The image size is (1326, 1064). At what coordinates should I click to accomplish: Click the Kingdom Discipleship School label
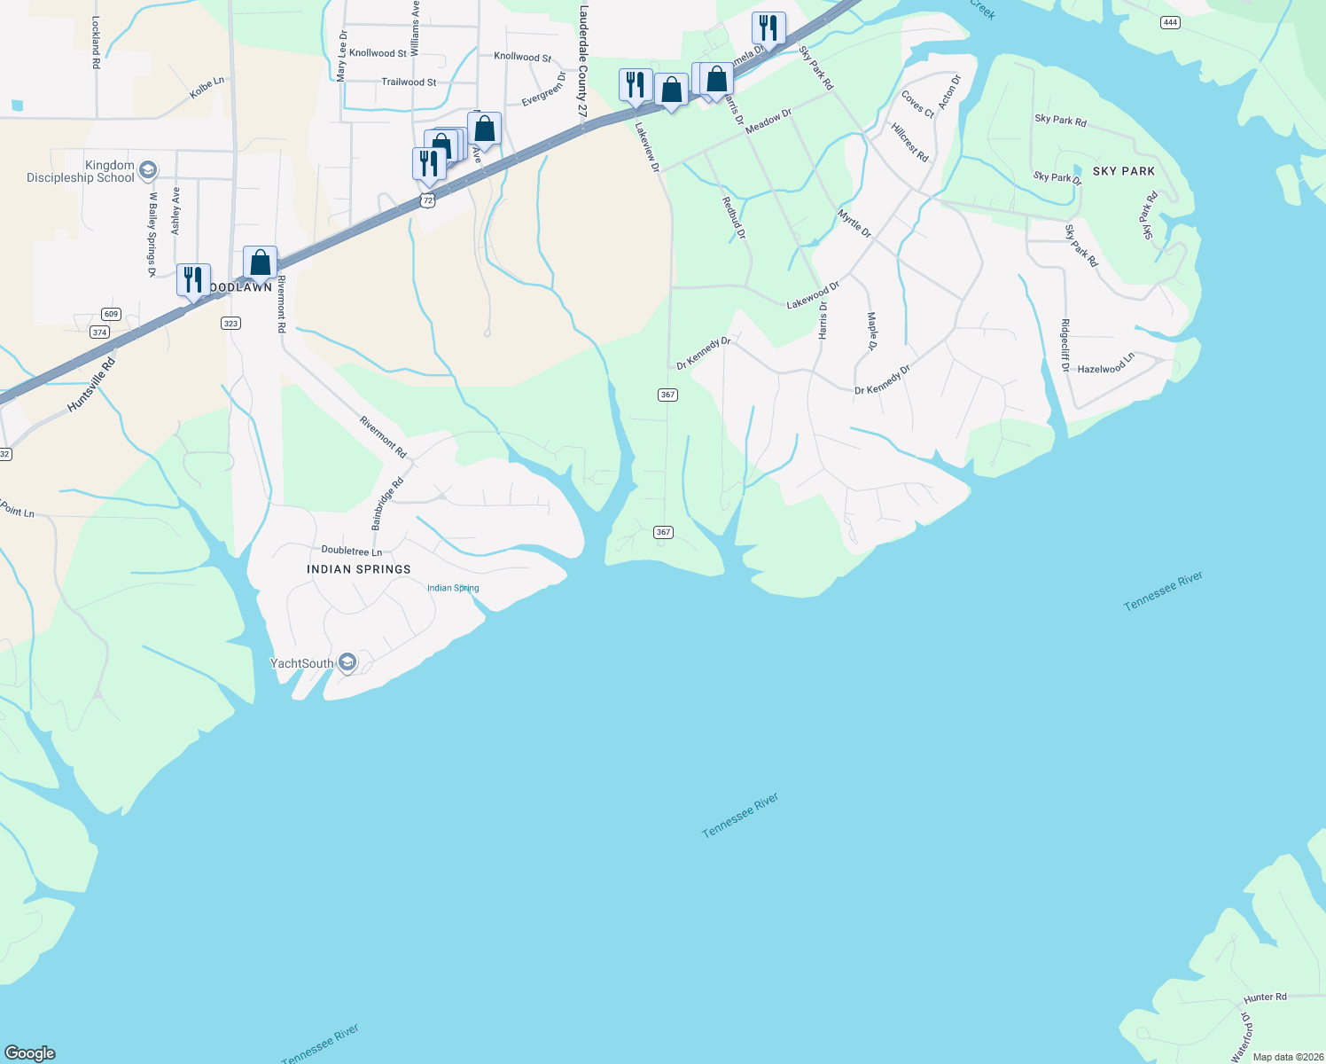(x=81, y=171)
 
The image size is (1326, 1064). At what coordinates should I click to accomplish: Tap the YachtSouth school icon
(x=347, y=662)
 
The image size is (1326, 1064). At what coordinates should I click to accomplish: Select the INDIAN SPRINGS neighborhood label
(x=359, y=569)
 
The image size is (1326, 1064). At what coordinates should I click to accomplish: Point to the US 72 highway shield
(x=428, y=201)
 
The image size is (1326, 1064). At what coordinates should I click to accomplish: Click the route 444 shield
(x=1170, y=22)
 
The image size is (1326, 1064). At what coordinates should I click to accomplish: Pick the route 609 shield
(x=111, y=314)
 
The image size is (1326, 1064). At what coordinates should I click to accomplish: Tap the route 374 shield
(x=99, y=332)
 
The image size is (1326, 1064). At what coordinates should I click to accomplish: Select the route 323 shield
(x=230, y=324)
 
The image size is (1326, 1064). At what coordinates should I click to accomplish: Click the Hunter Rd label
(x=1265, y=997)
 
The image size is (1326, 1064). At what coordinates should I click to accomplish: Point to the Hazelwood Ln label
(x=1105, y=364)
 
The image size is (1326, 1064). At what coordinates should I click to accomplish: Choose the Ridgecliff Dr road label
(x=1065, y=345)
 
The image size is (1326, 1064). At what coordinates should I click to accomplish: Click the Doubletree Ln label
(x=351, y=552)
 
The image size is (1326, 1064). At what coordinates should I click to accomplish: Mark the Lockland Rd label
(x=96, y=42)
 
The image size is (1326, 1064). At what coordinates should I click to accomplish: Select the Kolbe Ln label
(x=207, y=88)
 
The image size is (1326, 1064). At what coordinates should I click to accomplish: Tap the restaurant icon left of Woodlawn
(x=193, y=279)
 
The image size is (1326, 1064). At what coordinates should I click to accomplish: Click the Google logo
(x=30, y=1053)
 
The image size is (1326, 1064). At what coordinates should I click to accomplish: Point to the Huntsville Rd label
(x=91, y=386)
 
